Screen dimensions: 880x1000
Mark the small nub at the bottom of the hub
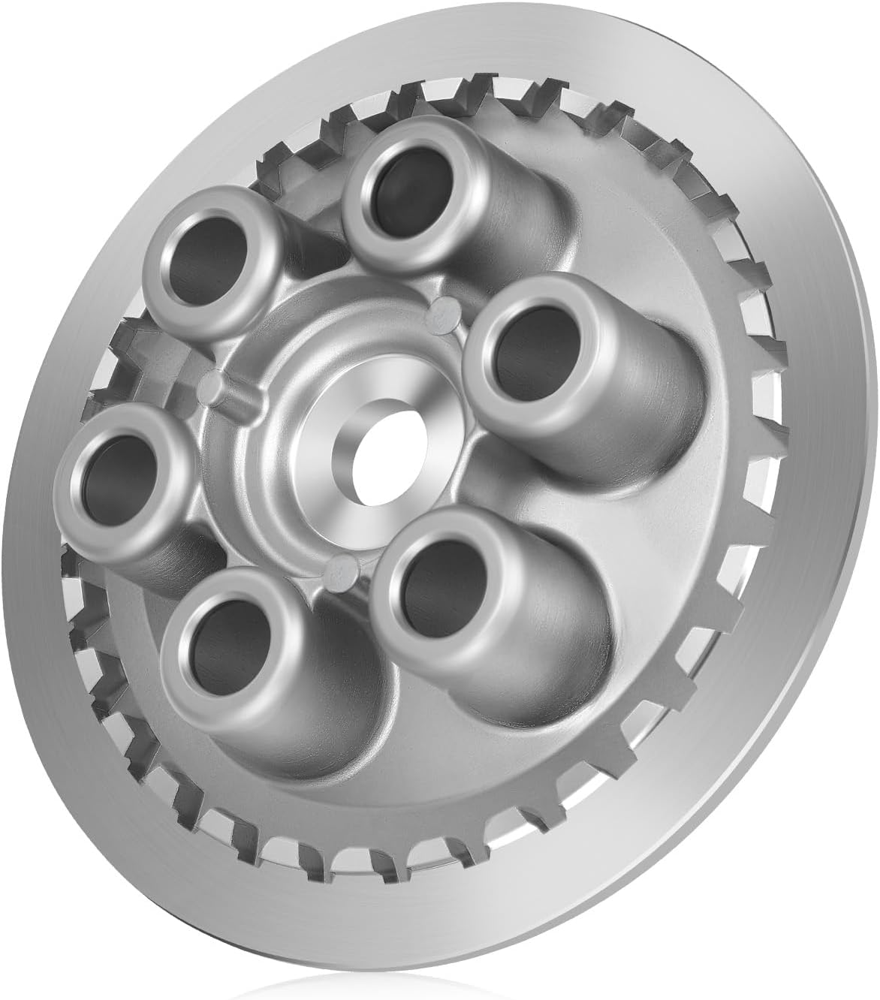tap(342, 573)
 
